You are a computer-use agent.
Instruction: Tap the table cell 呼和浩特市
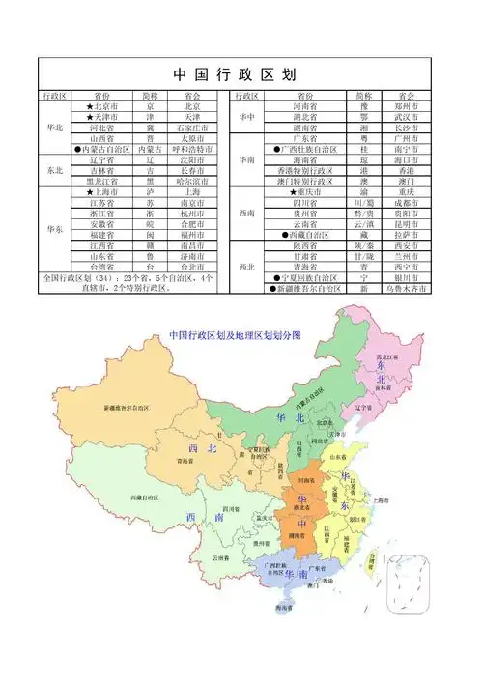click(198, 149)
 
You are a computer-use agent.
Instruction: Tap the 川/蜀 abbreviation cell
click(363, 203)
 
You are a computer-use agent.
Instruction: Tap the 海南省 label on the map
click(283, 609)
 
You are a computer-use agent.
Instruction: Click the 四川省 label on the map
click(229, 507)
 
